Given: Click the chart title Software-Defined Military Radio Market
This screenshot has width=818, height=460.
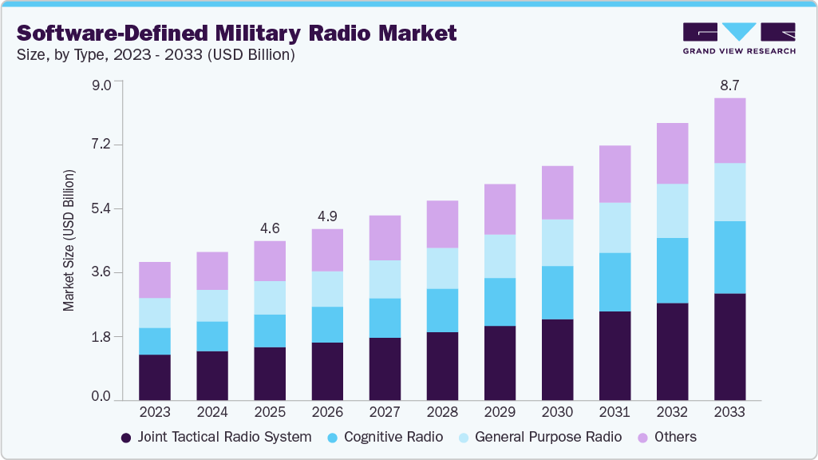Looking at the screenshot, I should [236, 33].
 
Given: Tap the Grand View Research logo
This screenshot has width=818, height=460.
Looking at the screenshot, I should [739, 38].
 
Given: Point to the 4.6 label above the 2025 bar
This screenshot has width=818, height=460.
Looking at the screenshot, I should [270, 228].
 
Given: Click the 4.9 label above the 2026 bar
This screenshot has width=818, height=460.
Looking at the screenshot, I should [327, 216].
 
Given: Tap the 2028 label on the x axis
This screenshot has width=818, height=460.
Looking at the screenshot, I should [442, 413].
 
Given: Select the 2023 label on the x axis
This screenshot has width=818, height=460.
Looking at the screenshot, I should [155, 413].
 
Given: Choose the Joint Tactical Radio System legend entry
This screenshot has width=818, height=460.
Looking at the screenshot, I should [215, 437].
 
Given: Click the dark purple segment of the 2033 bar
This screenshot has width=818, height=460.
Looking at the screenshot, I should [729, 347].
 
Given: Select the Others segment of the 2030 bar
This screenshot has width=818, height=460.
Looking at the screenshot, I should [557, 192].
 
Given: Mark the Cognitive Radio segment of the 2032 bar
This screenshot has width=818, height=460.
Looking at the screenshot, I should [672, 270].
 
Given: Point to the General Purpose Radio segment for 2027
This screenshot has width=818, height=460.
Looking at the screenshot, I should [385, 279].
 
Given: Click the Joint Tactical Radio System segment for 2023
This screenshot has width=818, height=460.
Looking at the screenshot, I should [155, 377].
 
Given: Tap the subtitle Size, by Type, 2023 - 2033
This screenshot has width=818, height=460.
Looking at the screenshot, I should [156, 55].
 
